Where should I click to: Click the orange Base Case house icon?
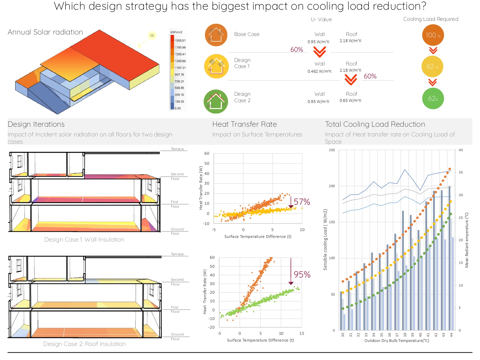point(216,35)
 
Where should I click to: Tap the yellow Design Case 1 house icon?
point(216,66)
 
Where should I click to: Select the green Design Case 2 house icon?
point(216,102)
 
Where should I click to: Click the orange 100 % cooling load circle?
point(433,35)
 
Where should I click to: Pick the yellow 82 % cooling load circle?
point(432,67)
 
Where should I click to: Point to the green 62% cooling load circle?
point(433,99)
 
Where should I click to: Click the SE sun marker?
point(152,35)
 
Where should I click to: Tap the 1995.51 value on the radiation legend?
point(180,41)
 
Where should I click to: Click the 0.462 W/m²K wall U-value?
point(320,71)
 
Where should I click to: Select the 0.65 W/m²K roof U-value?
point(350,100)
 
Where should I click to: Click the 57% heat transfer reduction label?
point(302,202)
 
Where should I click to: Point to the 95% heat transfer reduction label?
point(302,275)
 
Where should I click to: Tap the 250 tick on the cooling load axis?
point(332,150)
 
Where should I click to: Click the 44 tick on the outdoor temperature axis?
point(451,334)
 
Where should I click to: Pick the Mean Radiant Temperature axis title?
point(467,240)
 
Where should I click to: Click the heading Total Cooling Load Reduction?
point(375,124)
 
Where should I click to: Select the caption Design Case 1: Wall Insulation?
point(84,240)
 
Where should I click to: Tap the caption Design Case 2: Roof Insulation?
point(85,344)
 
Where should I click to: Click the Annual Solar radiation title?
point(45,32)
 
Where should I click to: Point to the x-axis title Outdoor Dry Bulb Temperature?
point(397,341)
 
